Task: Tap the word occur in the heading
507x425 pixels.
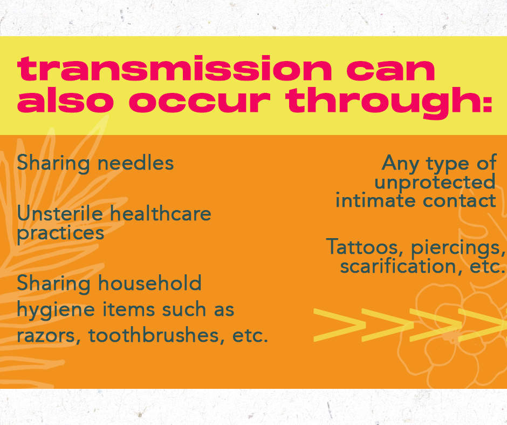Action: [200, 101]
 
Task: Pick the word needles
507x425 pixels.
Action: [136, 163]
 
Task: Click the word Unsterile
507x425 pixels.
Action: [60, 214]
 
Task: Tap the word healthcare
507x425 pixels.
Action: [161, 214]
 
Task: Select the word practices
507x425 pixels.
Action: [60, 234]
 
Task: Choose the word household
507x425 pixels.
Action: [150, 283]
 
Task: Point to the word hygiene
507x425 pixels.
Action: [56, 311]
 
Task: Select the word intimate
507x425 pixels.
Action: [375, 201]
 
